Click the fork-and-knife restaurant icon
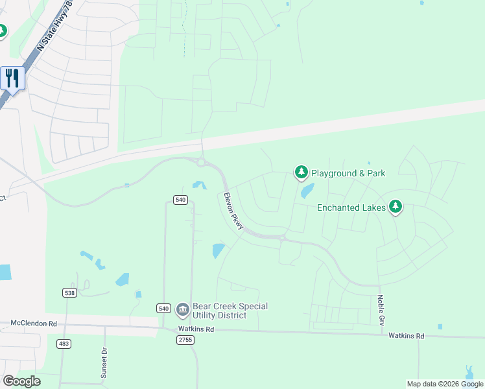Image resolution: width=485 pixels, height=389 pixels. point(12,78)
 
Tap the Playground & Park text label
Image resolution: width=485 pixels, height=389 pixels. point(348,173)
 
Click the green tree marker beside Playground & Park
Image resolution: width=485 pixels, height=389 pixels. point(301,172)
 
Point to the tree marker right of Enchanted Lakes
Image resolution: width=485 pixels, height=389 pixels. point(396,207)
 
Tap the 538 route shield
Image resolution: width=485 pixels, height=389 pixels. point(69,293)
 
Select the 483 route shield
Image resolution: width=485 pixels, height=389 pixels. point(63,343)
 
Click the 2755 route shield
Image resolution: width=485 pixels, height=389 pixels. point(186,340)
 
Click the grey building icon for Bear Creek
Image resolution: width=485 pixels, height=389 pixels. point(182,310)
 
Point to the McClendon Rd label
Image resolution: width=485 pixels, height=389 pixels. point(34,323)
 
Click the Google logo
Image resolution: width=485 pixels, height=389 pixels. point(21,381)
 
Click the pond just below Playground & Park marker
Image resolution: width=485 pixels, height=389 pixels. point(307,191)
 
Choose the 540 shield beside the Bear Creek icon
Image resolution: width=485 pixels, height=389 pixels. point(164,308)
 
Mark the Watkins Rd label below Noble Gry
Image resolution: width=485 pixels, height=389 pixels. point(406,336)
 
